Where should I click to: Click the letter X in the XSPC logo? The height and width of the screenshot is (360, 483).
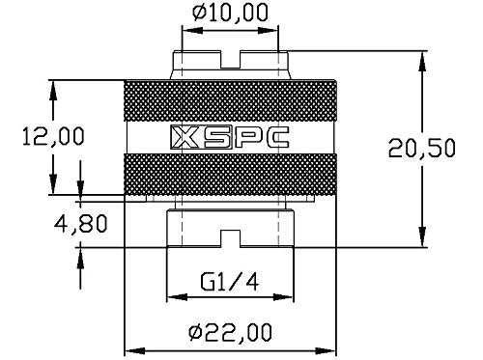pos(182,139)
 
